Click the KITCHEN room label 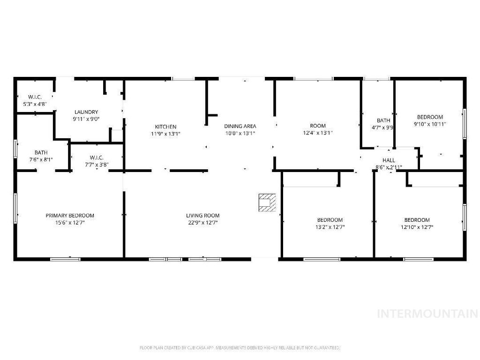(x=166, y=127)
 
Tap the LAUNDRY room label (x=86, y=112)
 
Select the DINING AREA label (x=240, y=126)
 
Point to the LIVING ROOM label (x=203, y=216)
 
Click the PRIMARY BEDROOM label (x=70, y=216)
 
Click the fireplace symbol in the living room (x=267, y=202)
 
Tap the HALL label (x=389, y=160)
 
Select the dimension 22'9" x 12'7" (x=203, y=223)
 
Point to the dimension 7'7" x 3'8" (x=97, y=165)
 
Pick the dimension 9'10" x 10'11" (x=430, y=124)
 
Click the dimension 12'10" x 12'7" (x=417, y=227)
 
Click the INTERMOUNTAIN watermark (x=427, y=314)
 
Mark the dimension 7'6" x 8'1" (x=41, y=159)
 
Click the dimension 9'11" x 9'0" (x=86, y=119)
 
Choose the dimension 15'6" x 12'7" (x=70, y=223)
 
